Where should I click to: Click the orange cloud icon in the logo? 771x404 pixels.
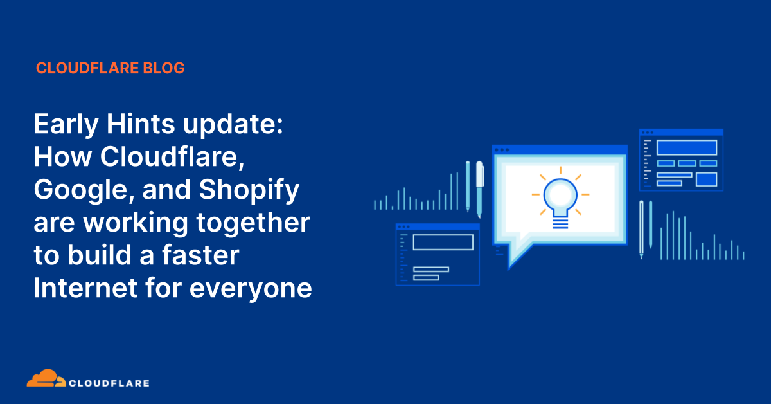(x=46, y=379)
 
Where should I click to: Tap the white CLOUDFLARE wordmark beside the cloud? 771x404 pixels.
(x=110, y=383)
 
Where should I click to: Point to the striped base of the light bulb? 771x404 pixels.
(x=560, y=222)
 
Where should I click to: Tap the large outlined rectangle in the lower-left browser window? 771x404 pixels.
(x=443, y=243)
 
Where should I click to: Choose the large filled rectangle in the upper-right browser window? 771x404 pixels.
(x=686, y=147)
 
